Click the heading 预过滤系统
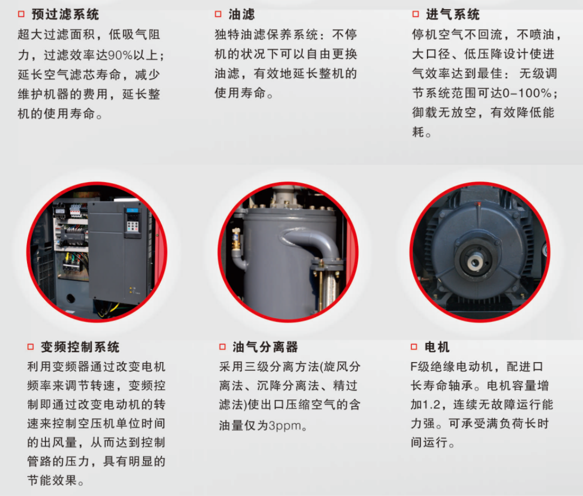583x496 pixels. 65,15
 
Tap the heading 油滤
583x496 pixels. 241,15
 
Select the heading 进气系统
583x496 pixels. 452,15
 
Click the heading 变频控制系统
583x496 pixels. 80,347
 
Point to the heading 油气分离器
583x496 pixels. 265,347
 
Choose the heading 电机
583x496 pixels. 437,347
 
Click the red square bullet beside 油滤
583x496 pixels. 218,14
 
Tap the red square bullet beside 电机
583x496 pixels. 414,347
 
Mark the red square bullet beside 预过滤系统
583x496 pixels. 21,14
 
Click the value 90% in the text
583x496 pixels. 120,55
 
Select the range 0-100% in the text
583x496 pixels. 527,93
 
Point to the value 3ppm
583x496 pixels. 285,425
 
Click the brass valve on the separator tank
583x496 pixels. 236,239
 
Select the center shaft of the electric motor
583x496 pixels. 475,262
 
